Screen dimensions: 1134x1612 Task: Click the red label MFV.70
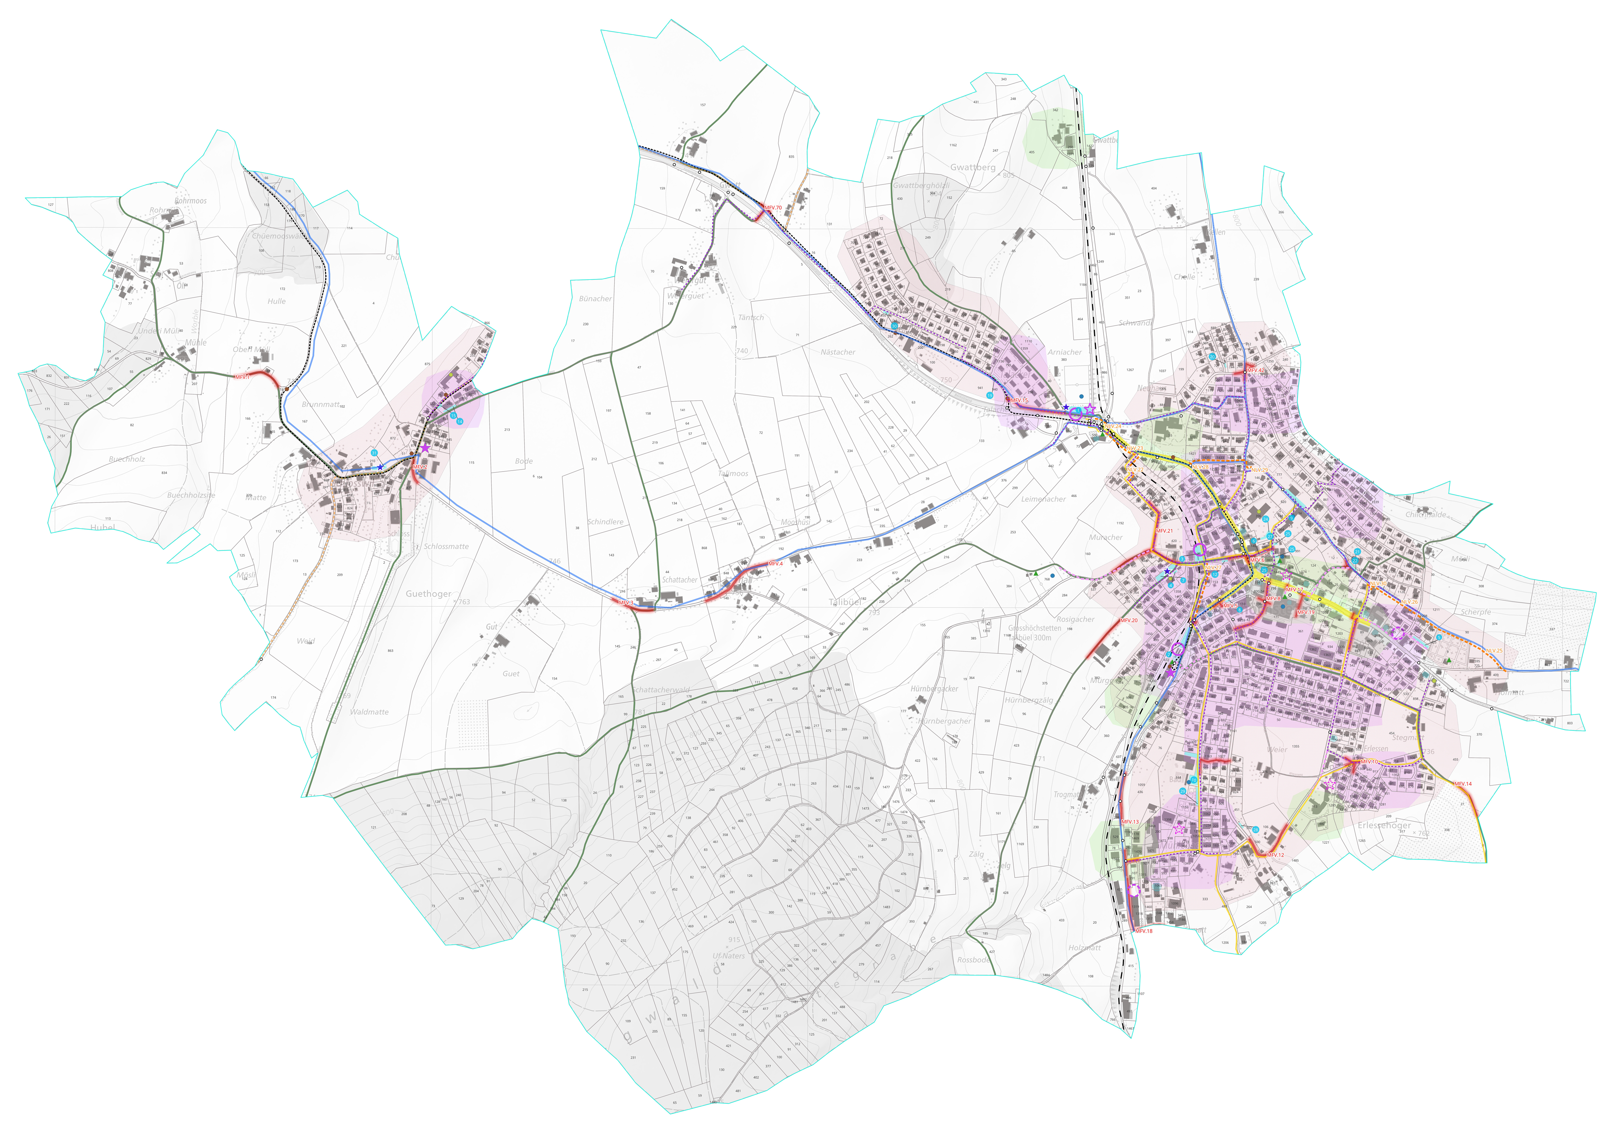pos(773,208)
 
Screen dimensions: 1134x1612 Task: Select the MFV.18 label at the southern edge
pos(1144,931)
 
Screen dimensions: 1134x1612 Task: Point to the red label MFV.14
pos(1462,784)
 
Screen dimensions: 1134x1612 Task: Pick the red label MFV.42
pos(1255,371)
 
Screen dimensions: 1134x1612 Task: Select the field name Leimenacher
pos(1043,499)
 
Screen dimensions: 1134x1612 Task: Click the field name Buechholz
pos(127,459)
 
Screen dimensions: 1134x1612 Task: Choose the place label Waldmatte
pos(369,712)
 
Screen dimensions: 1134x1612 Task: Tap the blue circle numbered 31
pos(374,453)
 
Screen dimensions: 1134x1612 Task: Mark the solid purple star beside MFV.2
pos(425,448)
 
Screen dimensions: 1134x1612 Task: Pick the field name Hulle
pos(277,301)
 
